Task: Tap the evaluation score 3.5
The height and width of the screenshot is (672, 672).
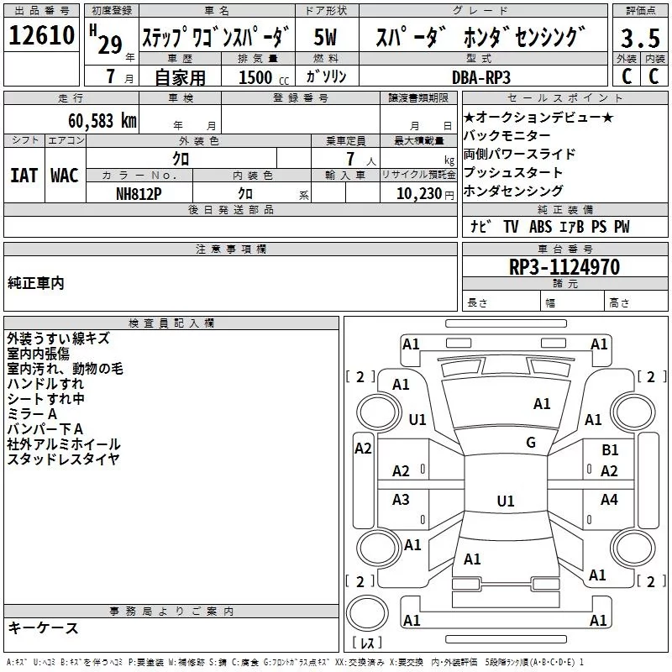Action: click(x=638, y=39)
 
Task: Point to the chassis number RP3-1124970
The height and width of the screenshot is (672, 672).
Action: click(x=564, y=268)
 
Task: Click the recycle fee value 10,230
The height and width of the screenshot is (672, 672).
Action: click(x=417, y=194)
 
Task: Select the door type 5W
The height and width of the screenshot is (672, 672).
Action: click(x=326, y=38)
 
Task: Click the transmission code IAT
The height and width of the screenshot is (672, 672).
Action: click(x=24, y=175)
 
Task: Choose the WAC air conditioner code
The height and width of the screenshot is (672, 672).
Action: click(x=64, y=175)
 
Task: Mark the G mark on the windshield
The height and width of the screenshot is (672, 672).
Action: click(x=530, y=443)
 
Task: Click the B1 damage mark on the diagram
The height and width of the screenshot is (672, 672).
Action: click(x=610, y=450)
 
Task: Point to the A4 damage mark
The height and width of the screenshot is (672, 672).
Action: click(x=610, y=500)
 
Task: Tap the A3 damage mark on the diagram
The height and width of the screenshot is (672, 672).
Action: click(x=401, y=500)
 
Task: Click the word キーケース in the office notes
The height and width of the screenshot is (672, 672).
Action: click(x=43, y=628)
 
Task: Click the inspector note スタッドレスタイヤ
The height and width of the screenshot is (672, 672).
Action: click(x=63, y=459)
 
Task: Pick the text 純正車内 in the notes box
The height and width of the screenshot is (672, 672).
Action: click(x=35, y=283)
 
